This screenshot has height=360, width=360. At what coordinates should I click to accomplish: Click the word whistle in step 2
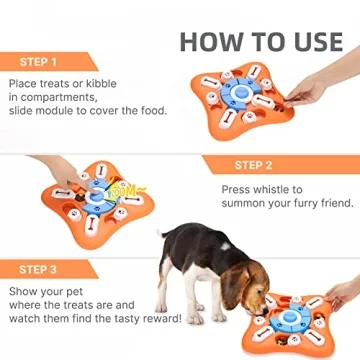pyautogui.click(x=274, y=188)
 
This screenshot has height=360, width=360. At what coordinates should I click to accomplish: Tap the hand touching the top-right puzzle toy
pyautogui.click(x=320, y=88)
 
